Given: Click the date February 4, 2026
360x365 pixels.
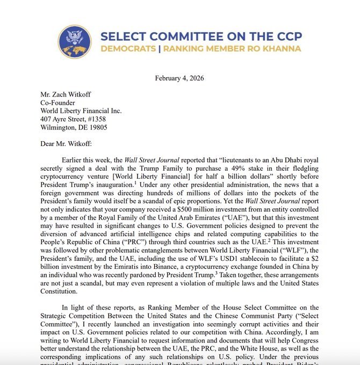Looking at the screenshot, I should [179, 78].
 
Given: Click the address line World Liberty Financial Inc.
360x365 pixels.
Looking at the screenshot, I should [81, 111].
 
